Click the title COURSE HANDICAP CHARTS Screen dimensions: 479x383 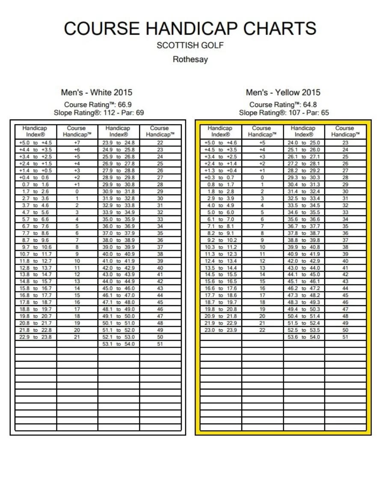pos(190,28)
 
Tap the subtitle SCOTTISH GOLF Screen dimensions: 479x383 pos(190,45)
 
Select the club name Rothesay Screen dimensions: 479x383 pos(190,60)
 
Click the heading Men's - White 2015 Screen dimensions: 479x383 pos(97,92)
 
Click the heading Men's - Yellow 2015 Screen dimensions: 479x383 pos(283,92)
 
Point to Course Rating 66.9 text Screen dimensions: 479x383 pos(98,105)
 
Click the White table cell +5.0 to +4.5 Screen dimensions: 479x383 pos(36,143)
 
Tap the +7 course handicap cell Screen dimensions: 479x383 pos(77,143)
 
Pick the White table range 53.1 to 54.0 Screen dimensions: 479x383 pos(119,344)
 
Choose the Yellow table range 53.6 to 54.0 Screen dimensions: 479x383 pos(304,337)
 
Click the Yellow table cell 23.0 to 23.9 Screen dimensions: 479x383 pos(220,330)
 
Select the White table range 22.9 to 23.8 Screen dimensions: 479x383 pos(36,337)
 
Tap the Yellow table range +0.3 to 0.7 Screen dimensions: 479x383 pos(220,178)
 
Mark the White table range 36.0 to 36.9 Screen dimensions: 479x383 pos(119,226)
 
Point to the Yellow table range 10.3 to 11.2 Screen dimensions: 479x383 pos(220,247)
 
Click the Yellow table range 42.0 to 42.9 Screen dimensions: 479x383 pos(304,261)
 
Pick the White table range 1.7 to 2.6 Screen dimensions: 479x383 pos(36,191)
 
